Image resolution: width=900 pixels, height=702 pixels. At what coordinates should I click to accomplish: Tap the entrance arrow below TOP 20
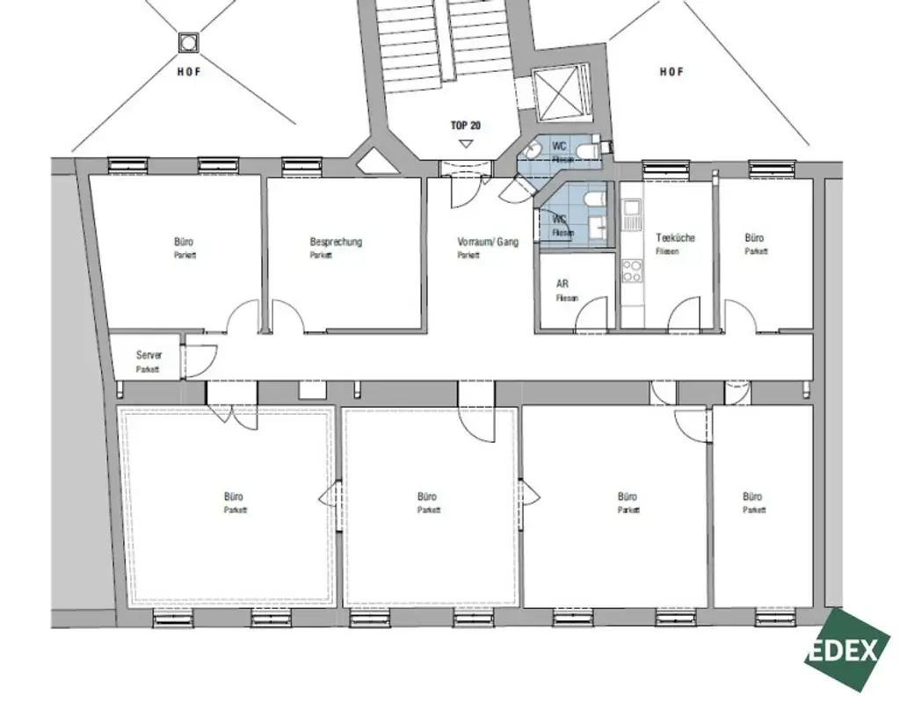466,141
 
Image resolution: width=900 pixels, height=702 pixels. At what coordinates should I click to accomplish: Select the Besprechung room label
336,242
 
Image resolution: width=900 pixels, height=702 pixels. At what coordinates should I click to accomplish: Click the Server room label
149,355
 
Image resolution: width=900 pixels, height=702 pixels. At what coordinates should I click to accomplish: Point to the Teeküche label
675,238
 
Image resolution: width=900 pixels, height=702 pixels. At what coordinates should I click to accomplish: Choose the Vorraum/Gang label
488,242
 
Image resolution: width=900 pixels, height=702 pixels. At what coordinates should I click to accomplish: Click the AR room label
562,285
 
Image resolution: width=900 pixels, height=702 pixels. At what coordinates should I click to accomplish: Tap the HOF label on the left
189,72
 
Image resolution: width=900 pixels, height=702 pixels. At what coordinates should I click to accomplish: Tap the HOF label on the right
671,72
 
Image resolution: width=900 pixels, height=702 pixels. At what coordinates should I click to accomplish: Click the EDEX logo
841,650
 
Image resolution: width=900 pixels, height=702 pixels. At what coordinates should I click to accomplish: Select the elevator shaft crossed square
560,92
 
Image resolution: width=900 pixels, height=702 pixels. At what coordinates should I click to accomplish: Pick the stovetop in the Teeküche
631,271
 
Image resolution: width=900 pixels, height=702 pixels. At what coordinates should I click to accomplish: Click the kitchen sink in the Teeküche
631,211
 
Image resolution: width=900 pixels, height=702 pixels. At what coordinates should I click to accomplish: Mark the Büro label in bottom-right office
753,496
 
